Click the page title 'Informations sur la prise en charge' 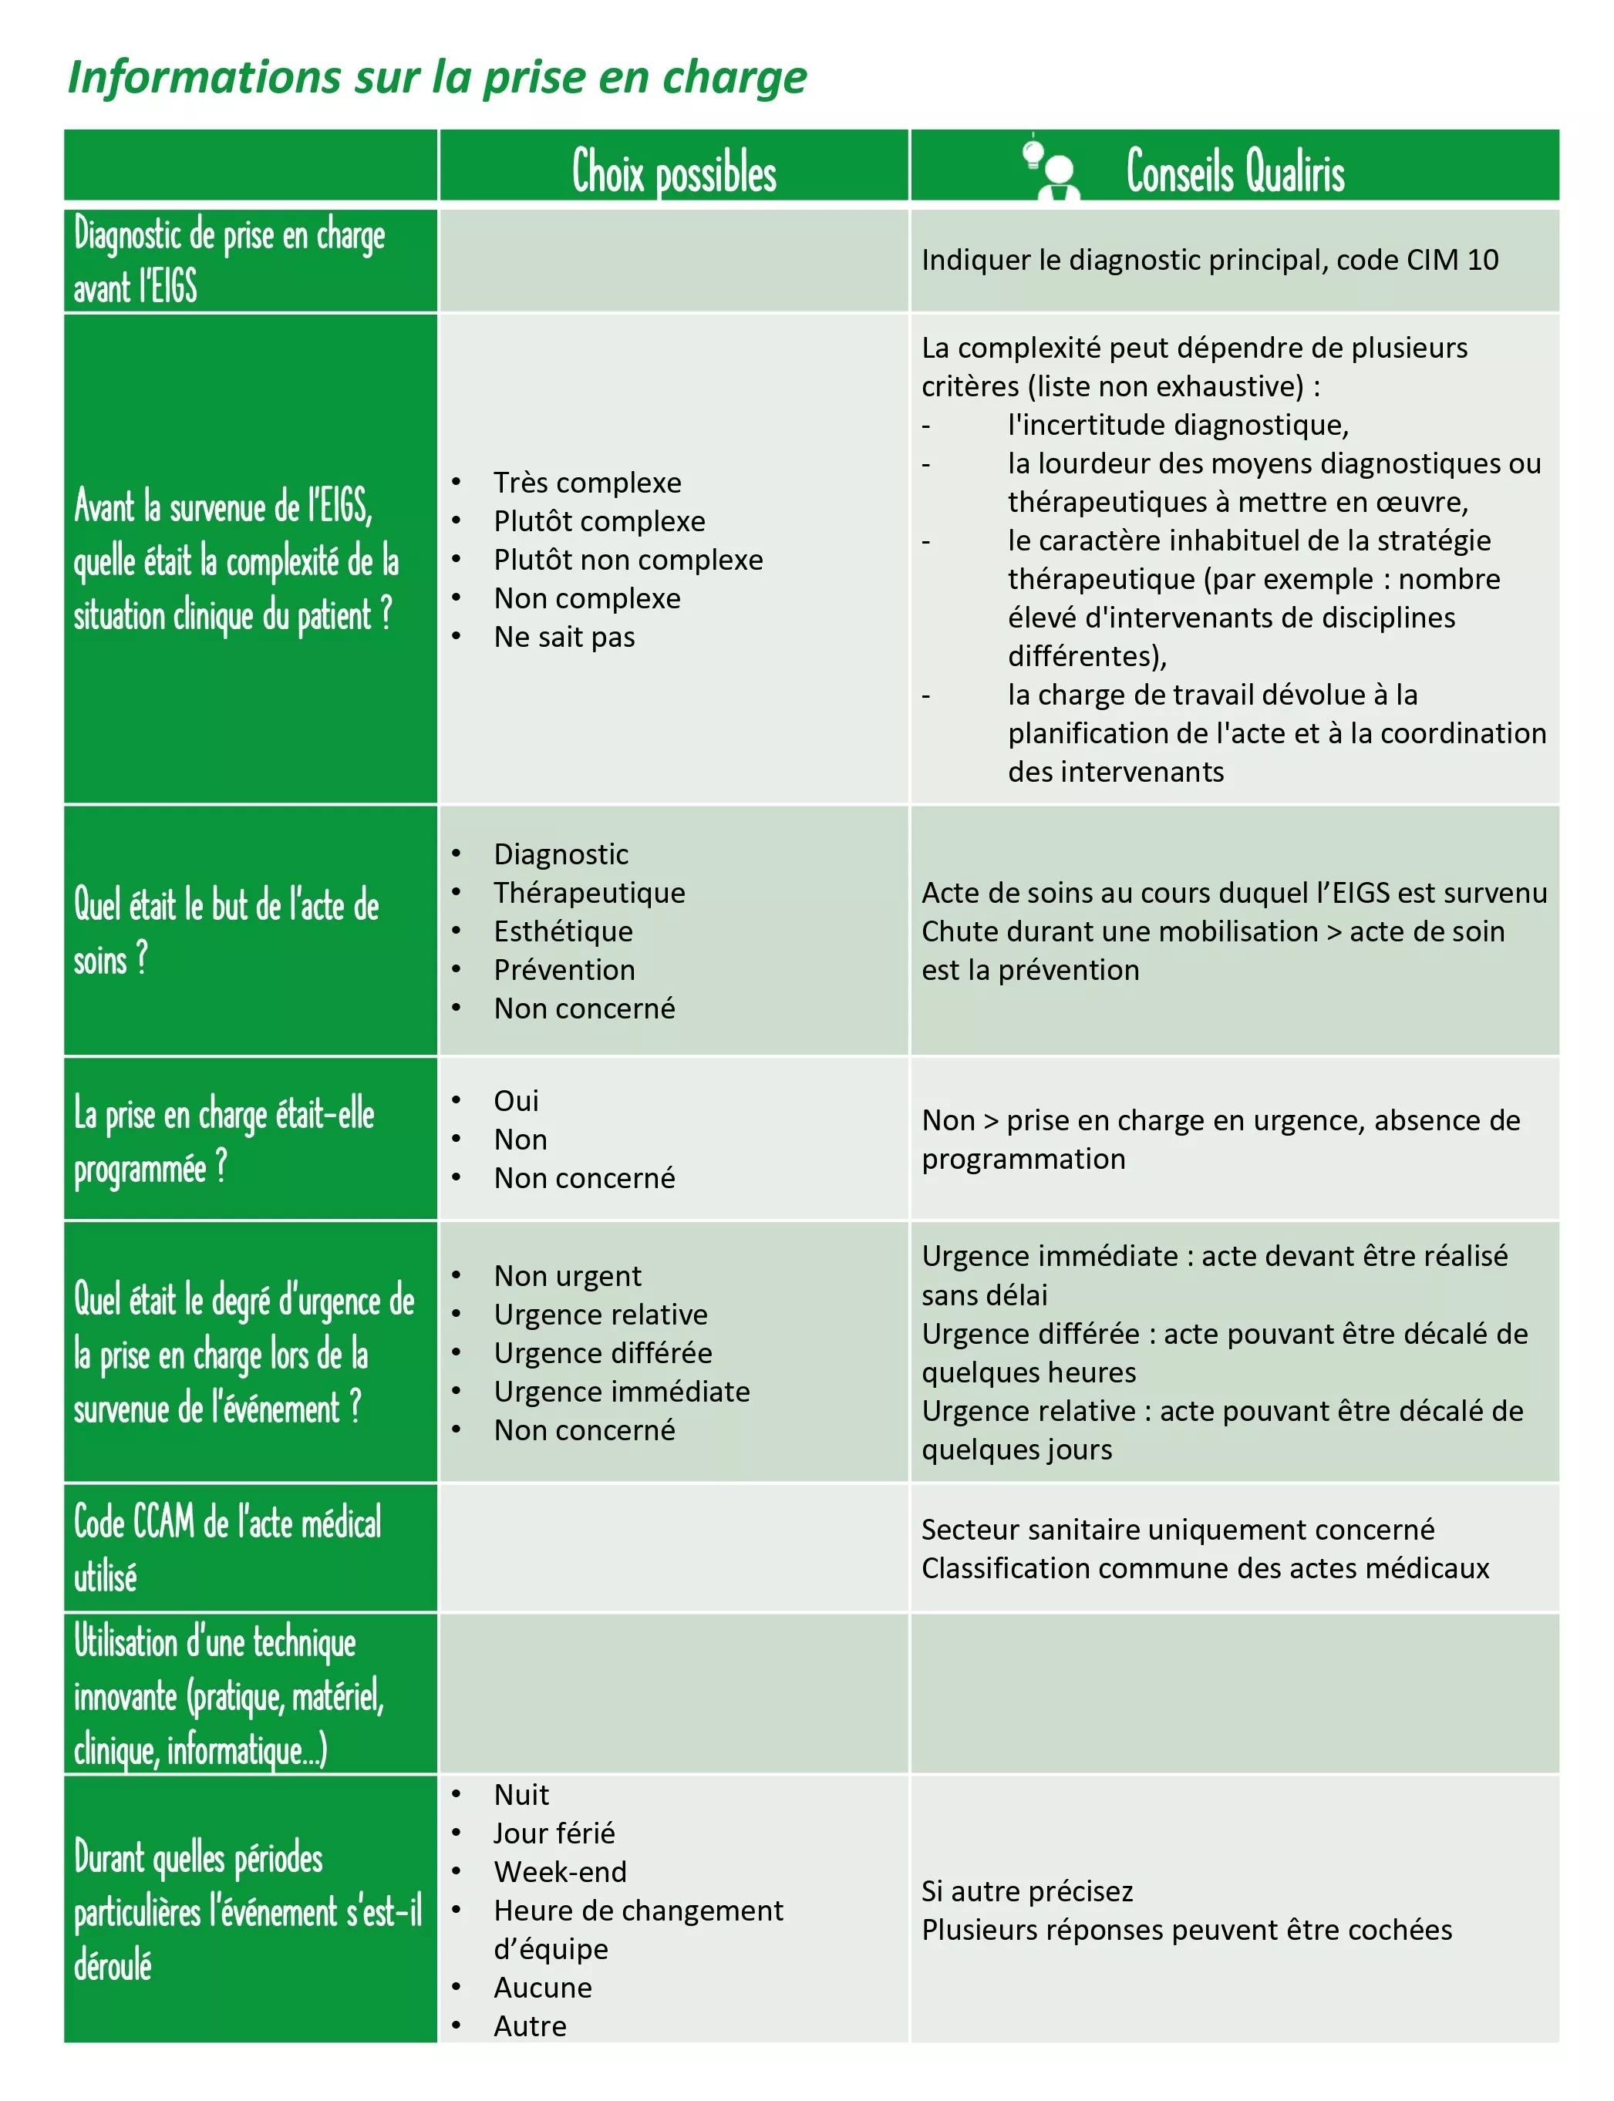pyautogui.click(x=437, y=77)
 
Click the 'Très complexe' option pyautogui.click(x=587, y=482)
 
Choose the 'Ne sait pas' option pyautogui.click(x=564, y=637)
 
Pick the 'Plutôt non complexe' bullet pyautogui.click(x=628, y=559)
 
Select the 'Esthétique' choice pyautogui.click(x=563, y=931)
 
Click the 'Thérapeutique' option pyautogui.click(x=589, y=893)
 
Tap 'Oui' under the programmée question pyautogui.click(x=516, y=1100)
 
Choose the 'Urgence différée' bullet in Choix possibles pyautogui.click(x=602, y=1352)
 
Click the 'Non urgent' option pyautogui.click(x=567, y=1276)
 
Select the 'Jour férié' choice pyautogui.click(x=554, y=1833)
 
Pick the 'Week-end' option pyautogui.click(x=559, y=1871)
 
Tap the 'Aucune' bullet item pyautogui.click(x=543, y=1987)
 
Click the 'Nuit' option pyautogui.click(x=521, y=1795)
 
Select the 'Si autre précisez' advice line pyautogui.click(x=1027, y=1891)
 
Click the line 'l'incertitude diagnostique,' pyautogui.click(x=1178, y=425)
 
